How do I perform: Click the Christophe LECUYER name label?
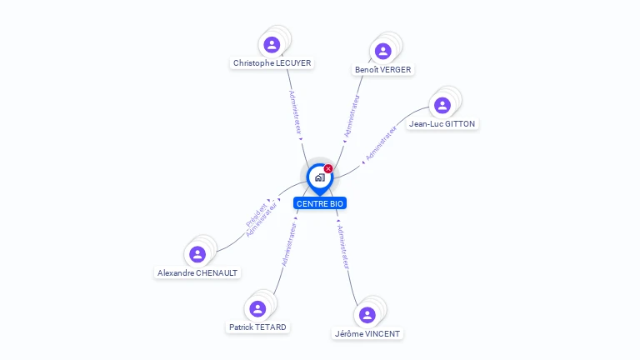pyautogui.click(x=272, y=62)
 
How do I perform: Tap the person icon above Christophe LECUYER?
pyautogui.click(x=271, y=44)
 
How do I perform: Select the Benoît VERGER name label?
pyautogui.click(x=382, y=69)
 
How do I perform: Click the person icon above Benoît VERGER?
pyautogui.click(x=382, y=51)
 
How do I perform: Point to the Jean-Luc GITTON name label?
pyautogui.click(x=442, y=123)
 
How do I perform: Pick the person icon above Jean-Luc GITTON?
pyautogui.click(x=442, y=105)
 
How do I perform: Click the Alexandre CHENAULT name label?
pyautogui.click(x=197, y=272)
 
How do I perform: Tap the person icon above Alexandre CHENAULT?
pyautogui.click(x=197, y=254)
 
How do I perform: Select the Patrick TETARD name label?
pyautogui.click(x=257, y=327)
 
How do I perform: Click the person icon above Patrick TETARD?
pyautogui.click(x=257, y=308)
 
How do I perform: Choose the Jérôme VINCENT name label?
pyautogui.click(x=367, y=333)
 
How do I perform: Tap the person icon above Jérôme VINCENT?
pyautogui.click(x=367, y=315)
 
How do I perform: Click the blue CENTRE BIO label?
pyautogui.click(x=320, y=203)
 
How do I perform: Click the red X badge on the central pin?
pyautogui.click(x=328, y=168)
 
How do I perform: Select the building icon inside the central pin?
pyautogui.click(x=319, y=177)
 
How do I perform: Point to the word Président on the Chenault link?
pyautogui.click(x=256, y=215)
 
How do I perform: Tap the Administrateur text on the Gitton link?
pyautogui.click(x=381, y=142)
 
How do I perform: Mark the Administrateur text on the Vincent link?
pyautogui.click(x=342, y=247)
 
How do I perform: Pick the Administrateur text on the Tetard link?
pyautogui.click(x=288, y=243)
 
